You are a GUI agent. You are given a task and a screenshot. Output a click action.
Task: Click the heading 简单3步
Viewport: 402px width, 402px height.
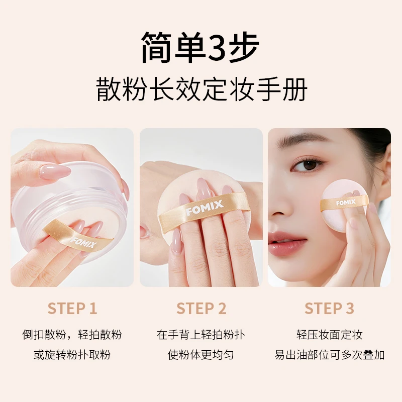pyautogui.click(x=200, y=48)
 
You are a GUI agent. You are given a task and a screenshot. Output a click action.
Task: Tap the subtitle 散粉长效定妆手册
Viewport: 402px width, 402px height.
pyautogui.click(x=201, y=92)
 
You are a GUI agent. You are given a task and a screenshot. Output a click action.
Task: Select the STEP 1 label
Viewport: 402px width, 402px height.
pyautogui.click(x=72, y=309)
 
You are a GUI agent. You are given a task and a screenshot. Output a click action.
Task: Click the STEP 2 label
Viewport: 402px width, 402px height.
pyautogui.click(x=201, y=309)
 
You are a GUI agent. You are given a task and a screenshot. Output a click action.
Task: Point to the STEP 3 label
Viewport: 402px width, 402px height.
pyautogui.click(x=329, y=309)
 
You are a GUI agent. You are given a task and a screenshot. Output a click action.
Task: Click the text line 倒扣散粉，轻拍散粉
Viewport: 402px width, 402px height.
pyautogui.click(x=72, y=335)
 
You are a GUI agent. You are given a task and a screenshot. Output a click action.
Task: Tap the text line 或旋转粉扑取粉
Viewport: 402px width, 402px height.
pyautogui.click(x=72, y=355)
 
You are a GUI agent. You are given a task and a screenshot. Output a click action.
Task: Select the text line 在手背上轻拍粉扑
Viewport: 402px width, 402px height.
pyautogui.click(x=201, y=335)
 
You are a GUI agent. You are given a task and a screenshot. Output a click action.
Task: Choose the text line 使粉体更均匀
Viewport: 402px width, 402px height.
pyautogui.click(x=201, y=355)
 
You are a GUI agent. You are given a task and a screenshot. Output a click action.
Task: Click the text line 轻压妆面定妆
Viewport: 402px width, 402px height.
pyautogui.click(x=329, y=335)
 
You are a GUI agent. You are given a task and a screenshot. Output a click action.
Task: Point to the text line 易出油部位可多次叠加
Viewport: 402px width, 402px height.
pyautogui.click(x=329, y=355)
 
